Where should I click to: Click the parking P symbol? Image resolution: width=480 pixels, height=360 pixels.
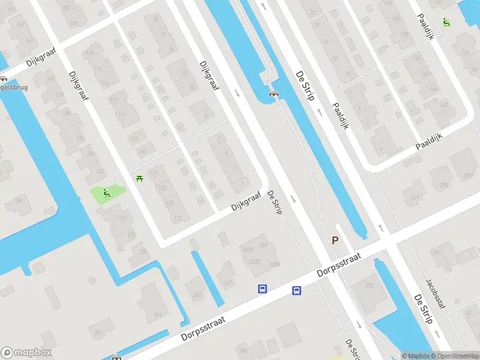[335, 240]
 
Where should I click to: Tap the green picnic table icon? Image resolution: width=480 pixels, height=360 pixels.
[140, 178]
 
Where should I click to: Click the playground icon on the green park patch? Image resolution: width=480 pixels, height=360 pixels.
[107, 193]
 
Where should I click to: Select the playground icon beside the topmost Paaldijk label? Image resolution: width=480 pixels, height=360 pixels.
[446, 22]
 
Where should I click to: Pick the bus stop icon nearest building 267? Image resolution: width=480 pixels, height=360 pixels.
[262, 289]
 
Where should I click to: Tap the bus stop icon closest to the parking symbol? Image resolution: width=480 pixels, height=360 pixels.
[296, 291]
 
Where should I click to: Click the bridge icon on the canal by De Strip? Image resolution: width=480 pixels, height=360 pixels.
[274, 94]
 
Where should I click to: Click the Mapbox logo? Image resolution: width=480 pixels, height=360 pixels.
[26, 353]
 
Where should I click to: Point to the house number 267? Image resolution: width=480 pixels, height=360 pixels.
[227, 283]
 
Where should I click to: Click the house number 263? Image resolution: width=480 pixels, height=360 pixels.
[157, 314]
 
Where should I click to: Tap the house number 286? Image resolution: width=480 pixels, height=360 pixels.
[243, 350]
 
